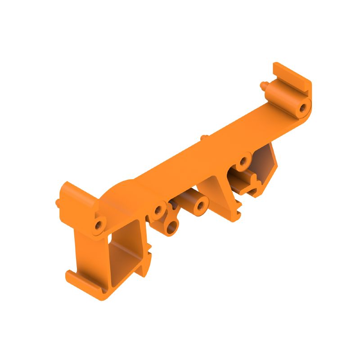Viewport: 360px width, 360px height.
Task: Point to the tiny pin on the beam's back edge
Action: pos(203,137)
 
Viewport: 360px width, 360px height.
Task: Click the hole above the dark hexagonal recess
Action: pos(244,161)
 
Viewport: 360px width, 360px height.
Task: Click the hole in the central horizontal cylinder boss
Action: pos(200,207)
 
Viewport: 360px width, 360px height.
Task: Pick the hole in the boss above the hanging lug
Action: pos(158,210)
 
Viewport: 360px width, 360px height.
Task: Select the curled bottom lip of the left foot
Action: pos(85,286)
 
